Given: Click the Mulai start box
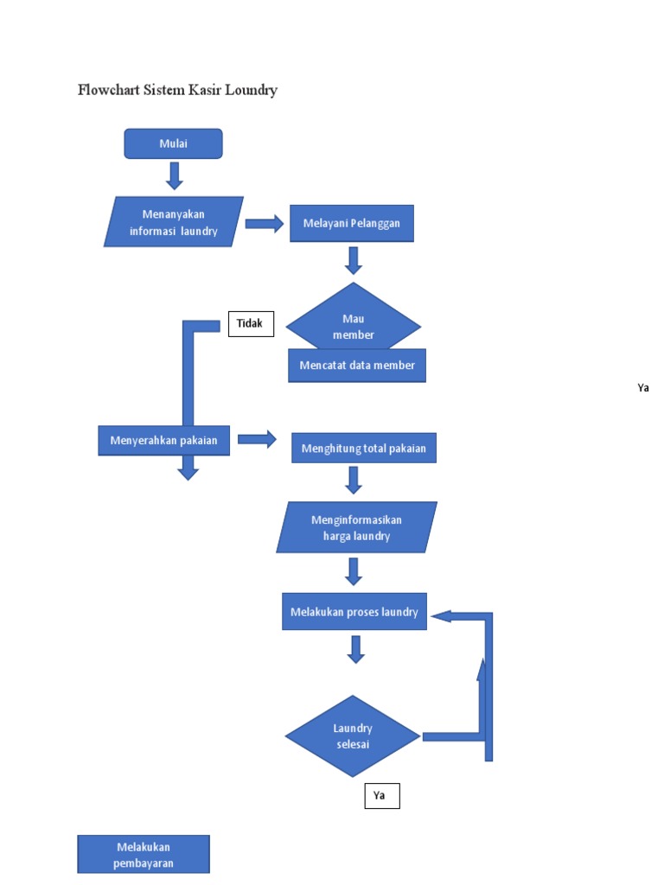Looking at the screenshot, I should [173, 143].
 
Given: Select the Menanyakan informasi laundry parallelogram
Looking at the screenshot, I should [173, 222].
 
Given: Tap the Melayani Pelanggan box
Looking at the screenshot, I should [351, 224].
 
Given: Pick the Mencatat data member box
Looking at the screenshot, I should [357, 366].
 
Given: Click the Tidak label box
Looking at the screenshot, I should [251, 323].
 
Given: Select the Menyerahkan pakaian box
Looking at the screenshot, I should [163, 441].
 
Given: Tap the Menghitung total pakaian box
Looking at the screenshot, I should [363, 448].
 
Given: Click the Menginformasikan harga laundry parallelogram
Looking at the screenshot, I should [356, 527].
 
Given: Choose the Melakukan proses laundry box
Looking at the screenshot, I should [354, 612].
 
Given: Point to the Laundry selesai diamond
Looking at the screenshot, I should [353, 735].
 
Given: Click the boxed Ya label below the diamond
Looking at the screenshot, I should [381, 795].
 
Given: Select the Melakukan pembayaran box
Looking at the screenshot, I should [144, 854].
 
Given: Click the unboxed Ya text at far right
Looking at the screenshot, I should [642, 388].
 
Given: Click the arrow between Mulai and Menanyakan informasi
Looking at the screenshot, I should [174, 175].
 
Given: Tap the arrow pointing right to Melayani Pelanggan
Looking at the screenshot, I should [265, 224].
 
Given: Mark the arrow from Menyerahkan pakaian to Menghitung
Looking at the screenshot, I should [257, 439].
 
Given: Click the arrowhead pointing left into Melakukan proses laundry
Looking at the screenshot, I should [441, 615].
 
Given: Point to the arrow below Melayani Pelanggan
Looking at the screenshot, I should [353, 260].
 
